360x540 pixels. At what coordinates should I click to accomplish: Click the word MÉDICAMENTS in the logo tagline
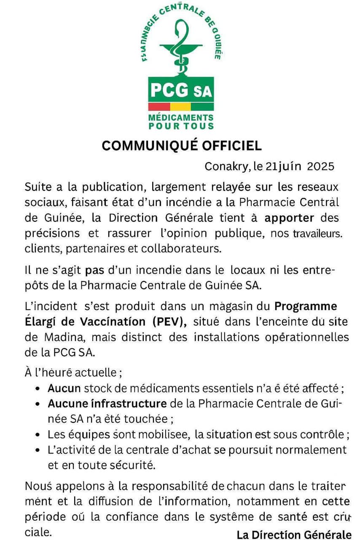click(181, 118)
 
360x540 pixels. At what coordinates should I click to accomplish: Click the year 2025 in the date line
click(321, 166)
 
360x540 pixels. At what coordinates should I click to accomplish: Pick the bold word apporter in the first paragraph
click(289, 218)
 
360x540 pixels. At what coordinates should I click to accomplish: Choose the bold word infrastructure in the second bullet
click(129, 404)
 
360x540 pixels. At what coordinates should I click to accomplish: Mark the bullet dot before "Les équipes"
click(39, 435)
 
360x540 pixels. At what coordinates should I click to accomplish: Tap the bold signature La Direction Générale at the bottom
click(294, 535)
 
